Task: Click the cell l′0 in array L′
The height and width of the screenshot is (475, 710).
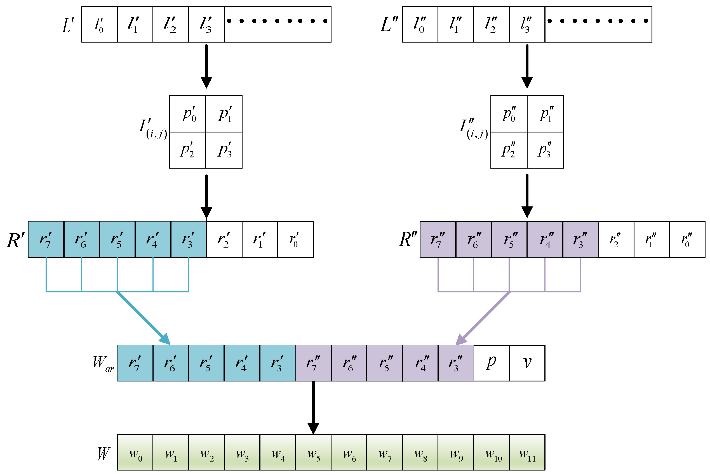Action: [x=99, y=25]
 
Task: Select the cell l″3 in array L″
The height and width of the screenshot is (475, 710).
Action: [x=527, y=25]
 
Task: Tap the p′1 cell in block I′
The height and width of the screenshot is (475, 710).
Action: [x=224, y=114]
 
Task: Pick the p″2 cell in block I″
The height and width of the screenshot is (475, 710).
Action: [x=509, y=150]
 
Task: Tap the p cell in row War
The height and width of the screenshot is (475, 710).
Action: [x=491, y=363]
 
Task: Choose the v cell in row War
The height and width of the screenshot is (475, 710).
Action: [x=527, y=363]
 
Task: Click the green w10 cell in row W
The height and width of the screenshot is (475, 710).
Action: [x=491, y=453]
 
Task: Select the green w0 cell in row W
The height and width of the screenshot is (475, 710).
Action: [x=135, y=453]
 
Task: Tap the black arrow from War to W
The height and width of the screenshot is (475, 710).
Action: [x=313, y=406]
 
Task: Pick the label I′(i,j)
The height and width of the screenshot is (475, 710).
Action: [x=152, y=129]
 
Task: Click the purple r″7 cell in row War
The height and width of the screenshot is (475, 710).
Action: [x=313, y=363]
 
